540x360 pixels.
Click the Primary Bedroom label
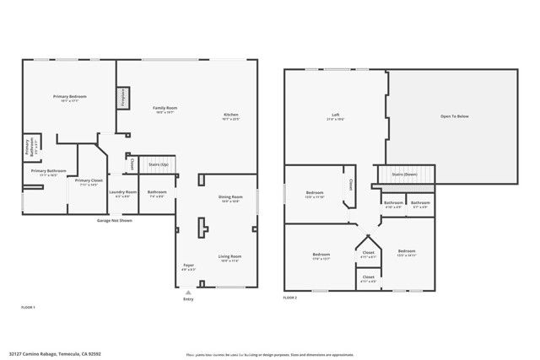click(x=70, y=97)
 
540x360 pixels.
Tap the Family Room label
click(x=165, y=109)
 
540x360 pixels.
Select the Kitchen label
click(x=231, y=116)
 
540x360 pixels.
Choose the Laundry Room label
click(x=123, y=192)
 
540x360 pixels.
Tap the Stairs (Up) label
click(x=158, y=165)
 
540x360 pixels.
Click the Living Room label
click(x=230, y=256)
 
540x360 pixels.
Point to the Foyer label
click(x=188, y=266)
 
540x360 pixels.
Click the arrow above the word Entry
click(x=188, y=292)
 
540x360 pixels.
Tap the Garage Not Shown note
click(x=115, y=220)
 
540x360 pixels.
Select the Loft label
click(x=335, y=116)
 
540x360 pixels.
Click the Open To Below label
click(x=454, y=116)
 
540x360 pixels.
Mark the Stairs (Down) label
click(x=405, y=175)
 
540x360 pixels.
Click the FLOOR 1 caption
click(x=29, y=309)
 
